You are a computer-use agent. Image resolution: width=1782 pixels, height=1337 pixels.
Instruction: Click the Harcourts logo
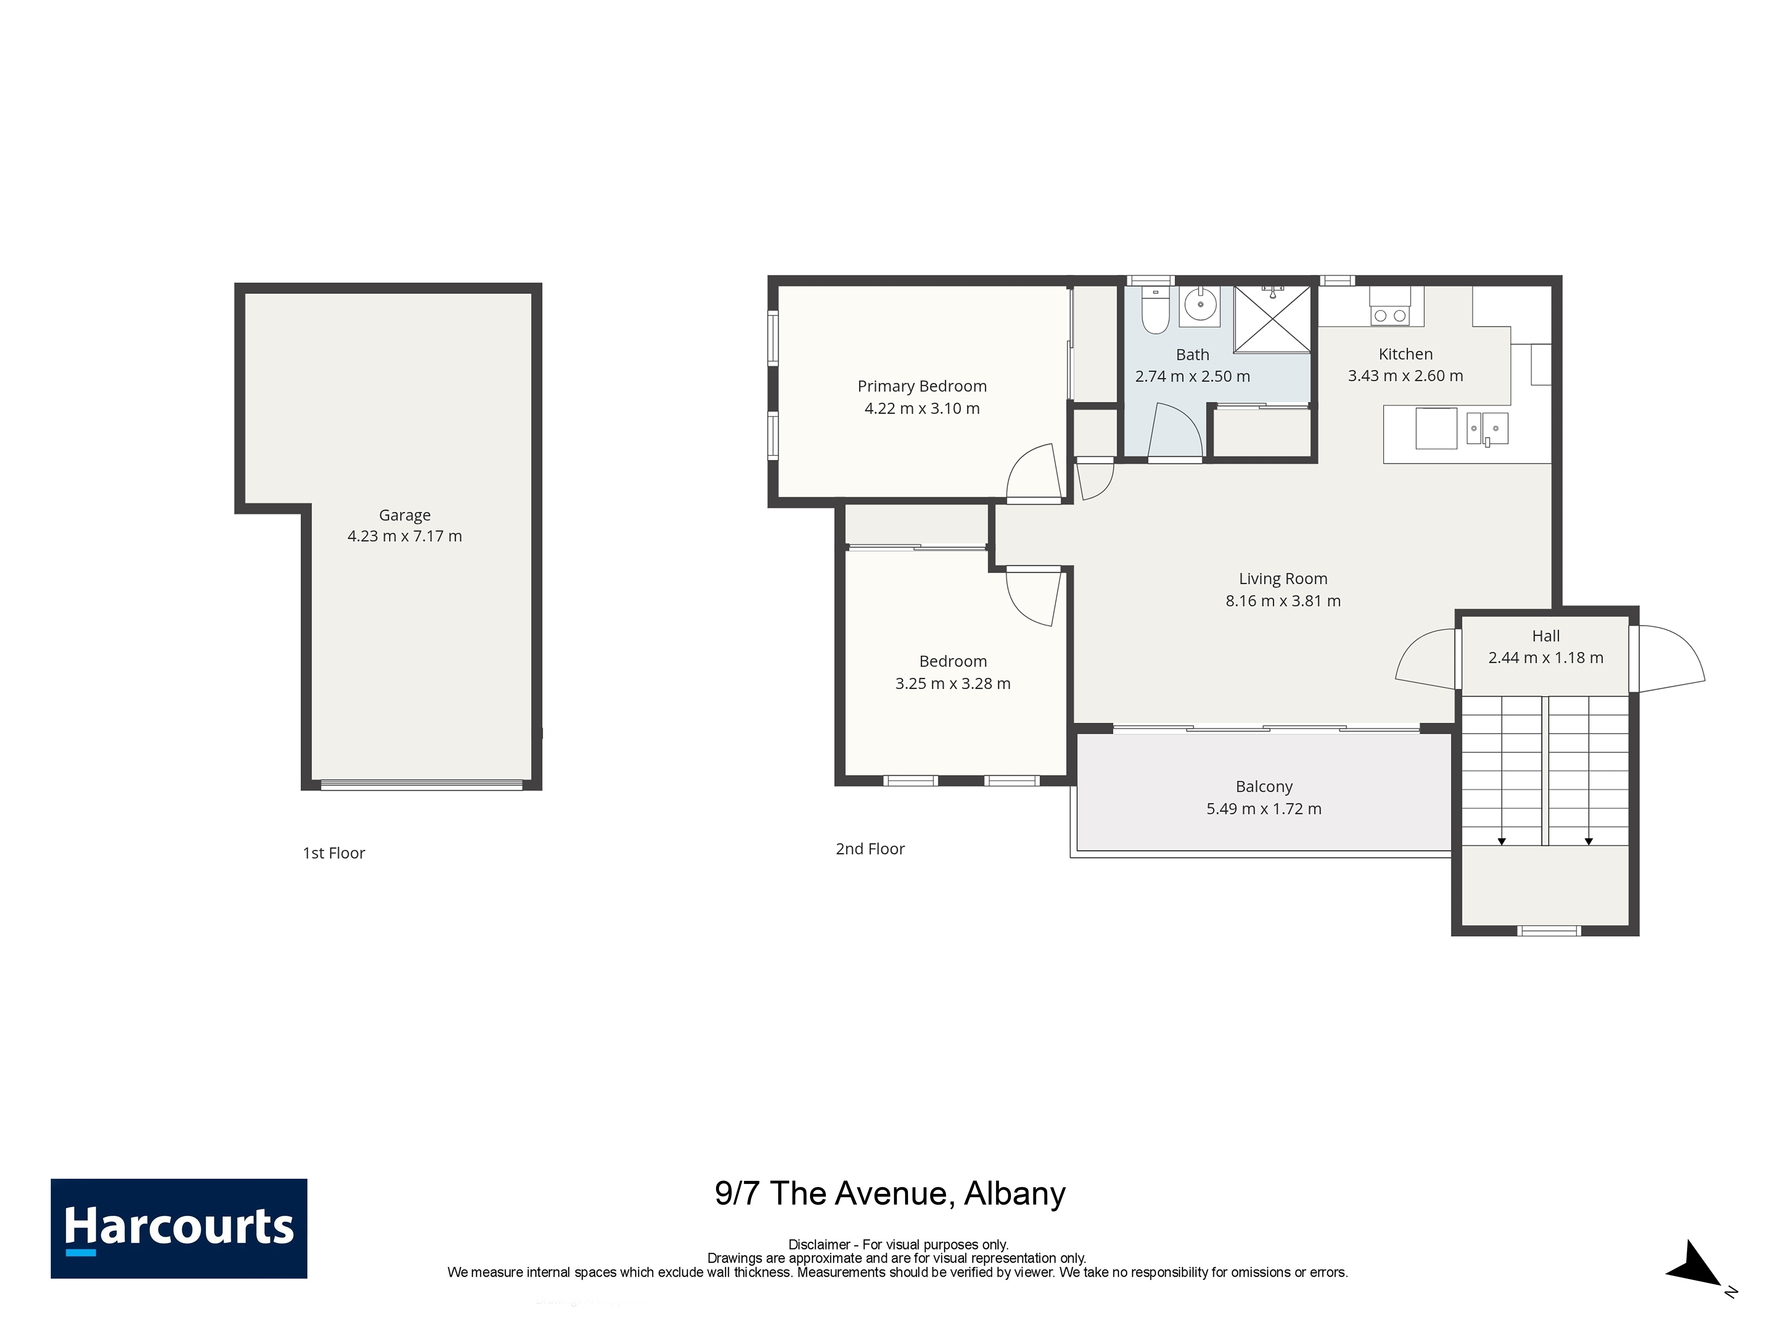[179, 1228]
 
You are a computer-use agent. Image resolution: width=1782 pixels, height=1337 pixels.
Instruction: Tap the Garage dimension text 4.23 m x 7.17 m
[405, 536]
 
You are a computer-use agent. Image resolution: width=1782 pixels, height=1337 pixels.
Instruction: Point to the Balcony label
[1264, 787]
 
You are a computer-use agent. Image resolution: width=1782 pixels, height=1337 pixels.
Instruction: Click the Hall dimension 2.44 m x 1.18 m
[1546, 658]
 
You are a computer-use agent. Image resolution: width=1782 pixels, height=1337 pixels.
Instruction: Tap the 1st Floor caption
[333, 853]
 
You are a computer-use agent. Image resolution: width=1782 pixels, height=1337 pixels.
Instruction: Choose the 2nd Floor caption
[870, 849]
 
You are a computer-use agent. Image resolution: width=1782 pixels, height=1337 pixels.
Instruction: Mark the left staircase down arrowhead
[1502, 841]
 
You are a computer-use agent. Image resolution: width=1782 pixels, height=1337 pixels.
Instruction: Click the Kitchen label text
[1406, 354]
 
